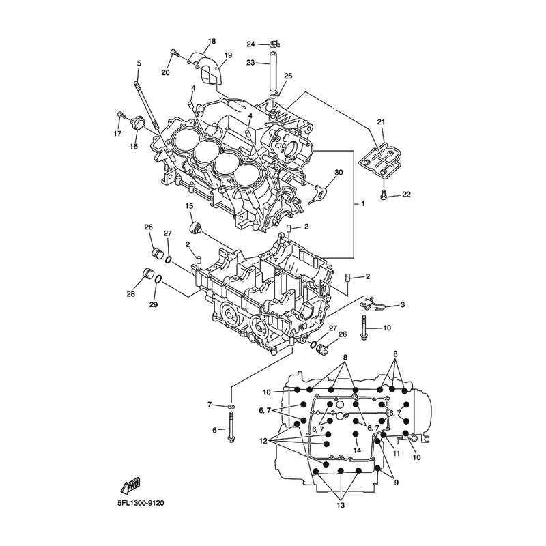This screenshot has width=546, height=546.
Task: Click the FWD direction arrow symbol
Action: pos(130,485)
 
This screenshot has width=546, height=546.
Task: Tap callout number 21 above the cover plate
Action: pos(382,121)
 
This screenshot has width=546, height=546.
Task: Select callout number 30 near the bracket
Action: pos(339,172)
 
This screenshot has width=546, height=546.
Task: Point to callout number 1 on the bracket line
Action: pos(363,203)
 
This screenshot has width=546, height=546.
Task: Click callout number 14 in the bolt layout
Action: pos(357,450)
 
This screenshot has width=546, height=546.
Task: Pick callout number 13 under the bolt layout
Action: pos(341,505)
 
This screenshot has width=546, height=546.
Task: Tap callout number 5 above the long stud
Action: pos(139,63)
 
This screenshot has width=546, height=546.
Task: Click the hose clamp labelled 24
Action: pos(275,44)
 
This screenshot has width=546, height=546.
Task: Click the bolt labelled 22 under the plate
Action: pos(383,194)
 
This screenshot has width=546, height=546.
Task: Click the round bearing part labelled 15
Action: pos(196,228)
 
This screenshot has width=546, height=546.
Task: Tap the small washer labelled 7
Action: pos(231,406)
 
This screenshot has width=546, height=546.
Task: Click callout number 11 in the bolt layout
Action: pos(397,453)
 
